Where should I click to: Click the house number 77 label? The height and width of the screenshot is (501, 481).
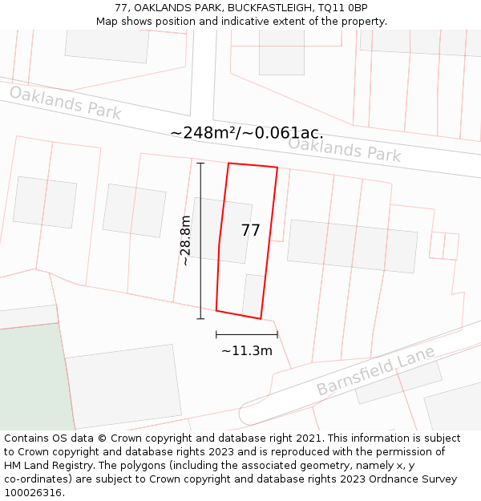250,231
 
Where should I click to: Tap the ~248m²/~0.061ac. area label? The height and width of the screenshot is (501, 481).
247,133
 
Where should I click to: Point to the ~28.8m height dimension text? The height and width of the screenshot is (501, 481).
185,240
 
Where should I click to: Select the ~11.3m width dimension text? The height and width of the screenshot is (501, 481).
247,350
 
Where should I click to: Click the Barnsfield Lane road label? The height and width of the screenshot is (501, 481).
375,371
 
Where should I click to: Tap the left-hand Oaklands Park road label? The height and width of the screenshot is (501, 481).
65,103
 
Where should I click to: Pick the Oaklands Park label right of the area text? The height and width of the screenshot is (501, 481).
344,149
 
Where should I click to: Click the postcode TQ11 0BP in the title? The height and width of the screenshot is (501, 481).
342,8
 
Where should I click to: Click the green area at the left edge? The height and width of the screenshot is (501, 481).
32,377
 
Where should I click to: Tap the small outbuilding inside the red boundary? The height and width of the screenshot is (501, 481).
253,296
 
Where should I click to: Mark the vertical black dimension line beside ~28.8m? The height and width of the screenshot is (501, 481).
200,240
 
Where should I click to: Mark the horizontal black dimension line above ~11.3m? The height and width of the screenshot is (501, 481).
247,334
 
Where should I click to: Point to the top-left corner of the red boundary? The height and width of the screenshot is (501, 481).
228,164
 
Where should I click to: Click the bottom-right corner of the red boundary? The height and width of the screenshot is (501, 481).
261,318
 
